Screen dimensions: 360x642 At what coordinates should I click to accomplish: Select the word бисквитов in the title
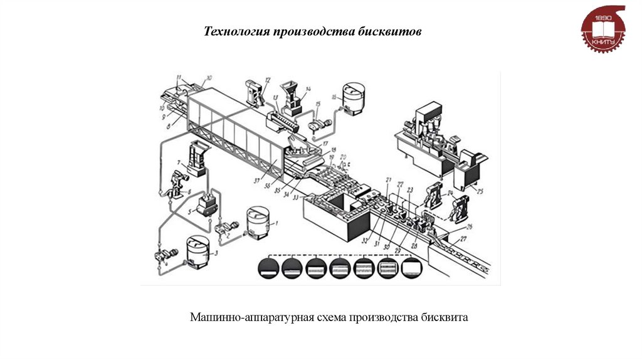pos(392,31)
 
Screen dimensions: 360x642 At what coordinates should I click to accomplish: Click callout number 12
pos(267,80)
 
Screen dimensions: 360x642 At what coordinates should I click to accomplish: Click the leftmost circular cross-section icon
pos(268,269)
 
